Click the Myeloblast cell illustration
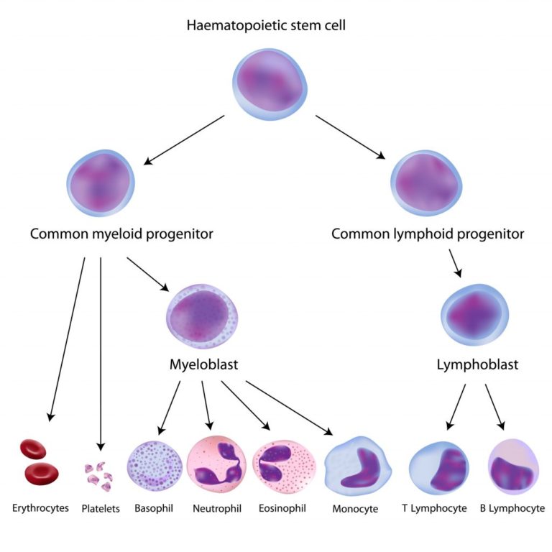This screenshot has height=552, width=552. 203,317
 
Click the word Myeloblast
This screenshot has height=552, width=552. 203,364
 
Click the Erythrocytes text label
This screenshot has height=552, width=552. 41,508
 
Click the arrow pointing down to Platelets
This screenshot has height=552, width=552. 101,352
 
